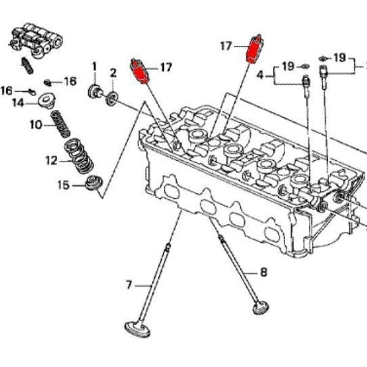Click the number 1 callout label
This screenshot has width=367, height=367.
coord(95,65)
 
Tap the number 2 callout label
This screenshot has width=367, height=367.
coord(113,73)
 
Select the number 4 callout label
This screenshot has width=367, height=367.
coord(260,75)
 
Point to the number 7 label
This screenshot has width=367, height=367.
coord(129,284)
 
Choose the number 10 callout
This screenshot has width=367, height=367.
coord(35,125)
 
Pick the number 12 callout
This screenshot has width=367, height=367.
coord(51,161)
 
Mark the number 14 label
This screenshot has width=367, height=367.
coord(19,103)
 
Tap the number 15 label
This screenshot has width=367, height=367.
coord(63,185)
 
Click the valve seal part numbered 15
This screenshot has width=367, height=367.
coord(93,183)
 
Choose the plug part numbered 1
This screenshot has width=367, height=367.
coord(96,92)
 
